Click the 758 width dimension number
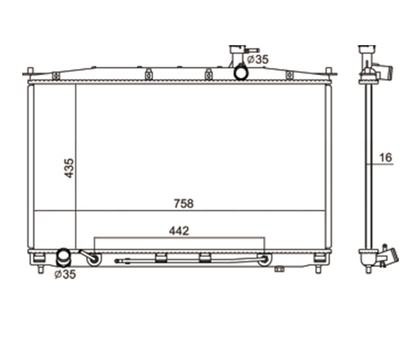pyautogui.click(x=184, y=204)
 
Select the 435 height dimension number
pyautogui.click(x=69, y=168)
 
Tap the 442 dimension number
pyautogui.click(x=179, y=231)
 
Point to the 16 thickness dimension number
pyautogui.click(x=385, y=157)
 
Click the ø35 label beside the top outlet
pyautogui.click(x=258, y=59)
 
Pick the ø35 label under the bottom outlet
pyautogui.click(x=65, y=274)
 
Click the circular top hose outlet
pyautogui.click(x=241, y=72)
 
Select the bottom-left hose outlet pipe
pyautogui.click(x=64, y=257)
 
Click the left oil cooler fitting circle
pyautogui.click(x=94, y=259)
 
